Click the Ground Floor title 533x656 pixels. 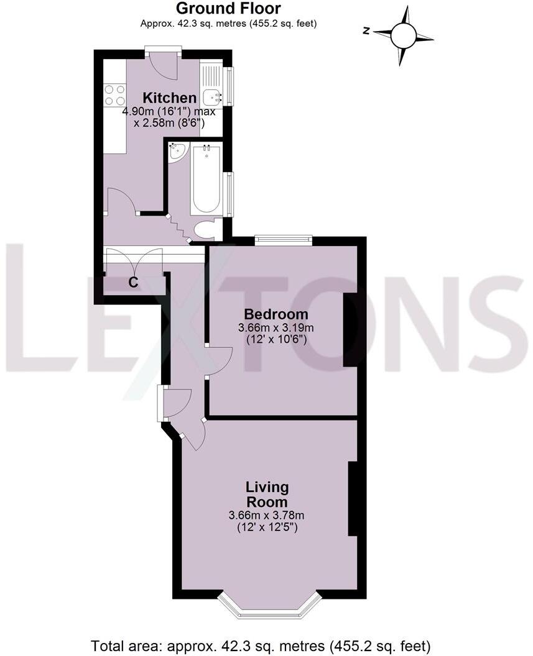(228, 9)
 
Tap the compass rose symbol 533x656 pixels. (403, 35)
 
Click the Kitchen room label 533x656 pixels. (170, 98)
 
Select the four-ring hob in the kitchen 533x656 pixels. (114, 95)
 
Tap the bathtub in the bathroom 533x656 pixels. (206, 178)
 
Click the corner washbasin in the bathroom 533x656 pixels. (178, 150)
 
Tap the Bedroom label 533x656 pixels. (276, 314)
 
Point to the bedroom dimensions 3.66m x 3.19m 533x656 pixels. (276, 328)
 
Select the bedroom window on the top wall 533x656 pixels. (283, 240)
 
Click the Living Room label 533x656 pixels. (267, 494)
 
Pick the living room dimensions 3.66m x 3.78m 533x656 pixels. (267, 516)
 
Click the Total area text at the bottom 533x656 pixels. (261, 645)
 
